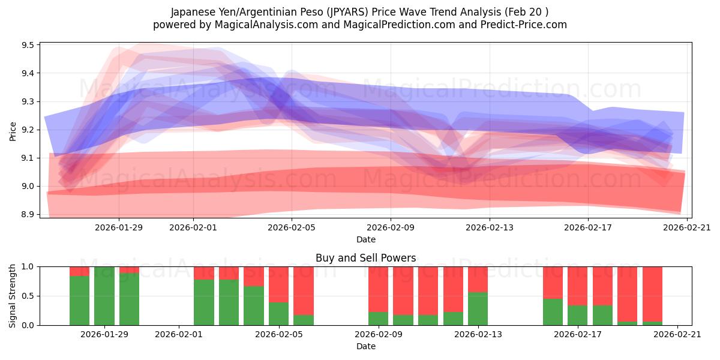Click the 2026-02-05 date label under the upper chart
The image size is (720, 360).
pos(292,227)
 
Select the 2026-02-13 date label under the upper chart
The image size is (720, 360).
pos(489,227)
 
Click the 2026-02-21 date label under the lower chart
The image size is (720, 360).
pos(677,334)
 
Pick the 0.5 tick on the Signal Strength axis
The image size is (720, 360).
pos(29,296)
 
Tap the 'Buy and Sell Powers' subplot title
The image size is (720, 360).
pos(365,259)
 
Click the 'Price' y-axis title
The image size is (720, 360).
pos(13,131)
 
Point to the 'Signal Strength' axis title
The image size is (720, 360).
pos(13,296)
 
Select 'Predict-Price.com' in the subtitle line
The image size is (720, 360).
pos(520,25)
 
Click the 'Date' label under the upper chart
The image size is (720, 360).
pos(365,239)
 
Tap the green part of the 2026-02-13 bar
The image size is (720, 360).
pos(478,309)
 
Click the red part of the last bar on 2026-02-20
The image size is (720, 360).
pos(652,294)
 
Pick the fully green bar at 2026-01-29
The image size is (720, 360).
pos(104,296)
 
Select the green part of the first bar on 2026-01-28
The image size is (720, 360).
pos(79,300)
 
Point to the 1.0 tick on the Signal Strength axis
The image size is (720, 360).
pos(29,266)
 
